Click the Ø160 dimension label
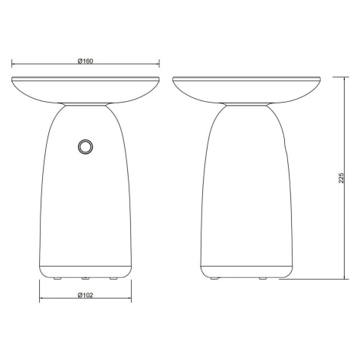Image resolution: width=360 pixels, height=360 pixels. (86, 61)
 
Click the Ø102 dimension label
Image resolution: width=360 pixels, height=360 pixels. (86, 295)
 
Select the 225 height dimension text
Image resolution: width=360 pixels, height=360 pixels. (342, 178)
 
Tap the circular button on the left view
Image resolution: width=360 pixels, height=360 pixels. (85, 147)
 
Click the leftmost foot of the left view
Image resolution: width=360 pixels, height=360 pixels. (57, 279)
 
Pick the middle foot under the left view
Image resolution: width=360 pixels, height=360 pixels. (85, 279)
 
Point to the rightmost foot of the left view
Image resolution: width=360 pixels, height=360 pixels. (113, 279)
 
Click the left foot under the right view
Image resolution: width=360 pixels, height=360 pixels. (214, 279)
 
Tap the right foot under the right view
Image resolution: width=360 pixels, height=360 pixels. (263, 279)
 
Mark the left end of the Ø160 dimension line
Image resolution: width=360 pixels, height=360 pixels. (11, 64)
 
